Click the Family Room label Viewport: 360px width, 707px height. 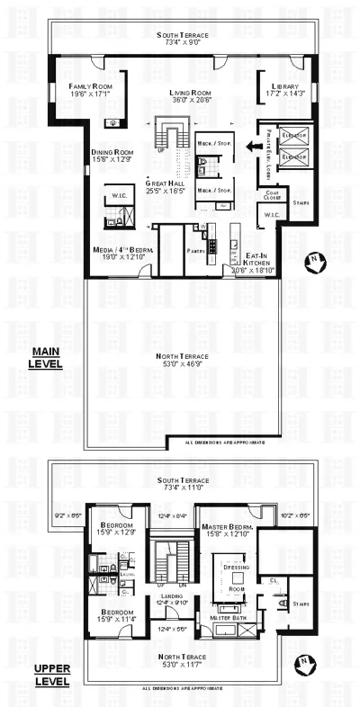[89, 86]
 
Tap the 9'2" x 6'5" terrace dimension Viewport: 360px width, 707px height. [68, 515]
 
